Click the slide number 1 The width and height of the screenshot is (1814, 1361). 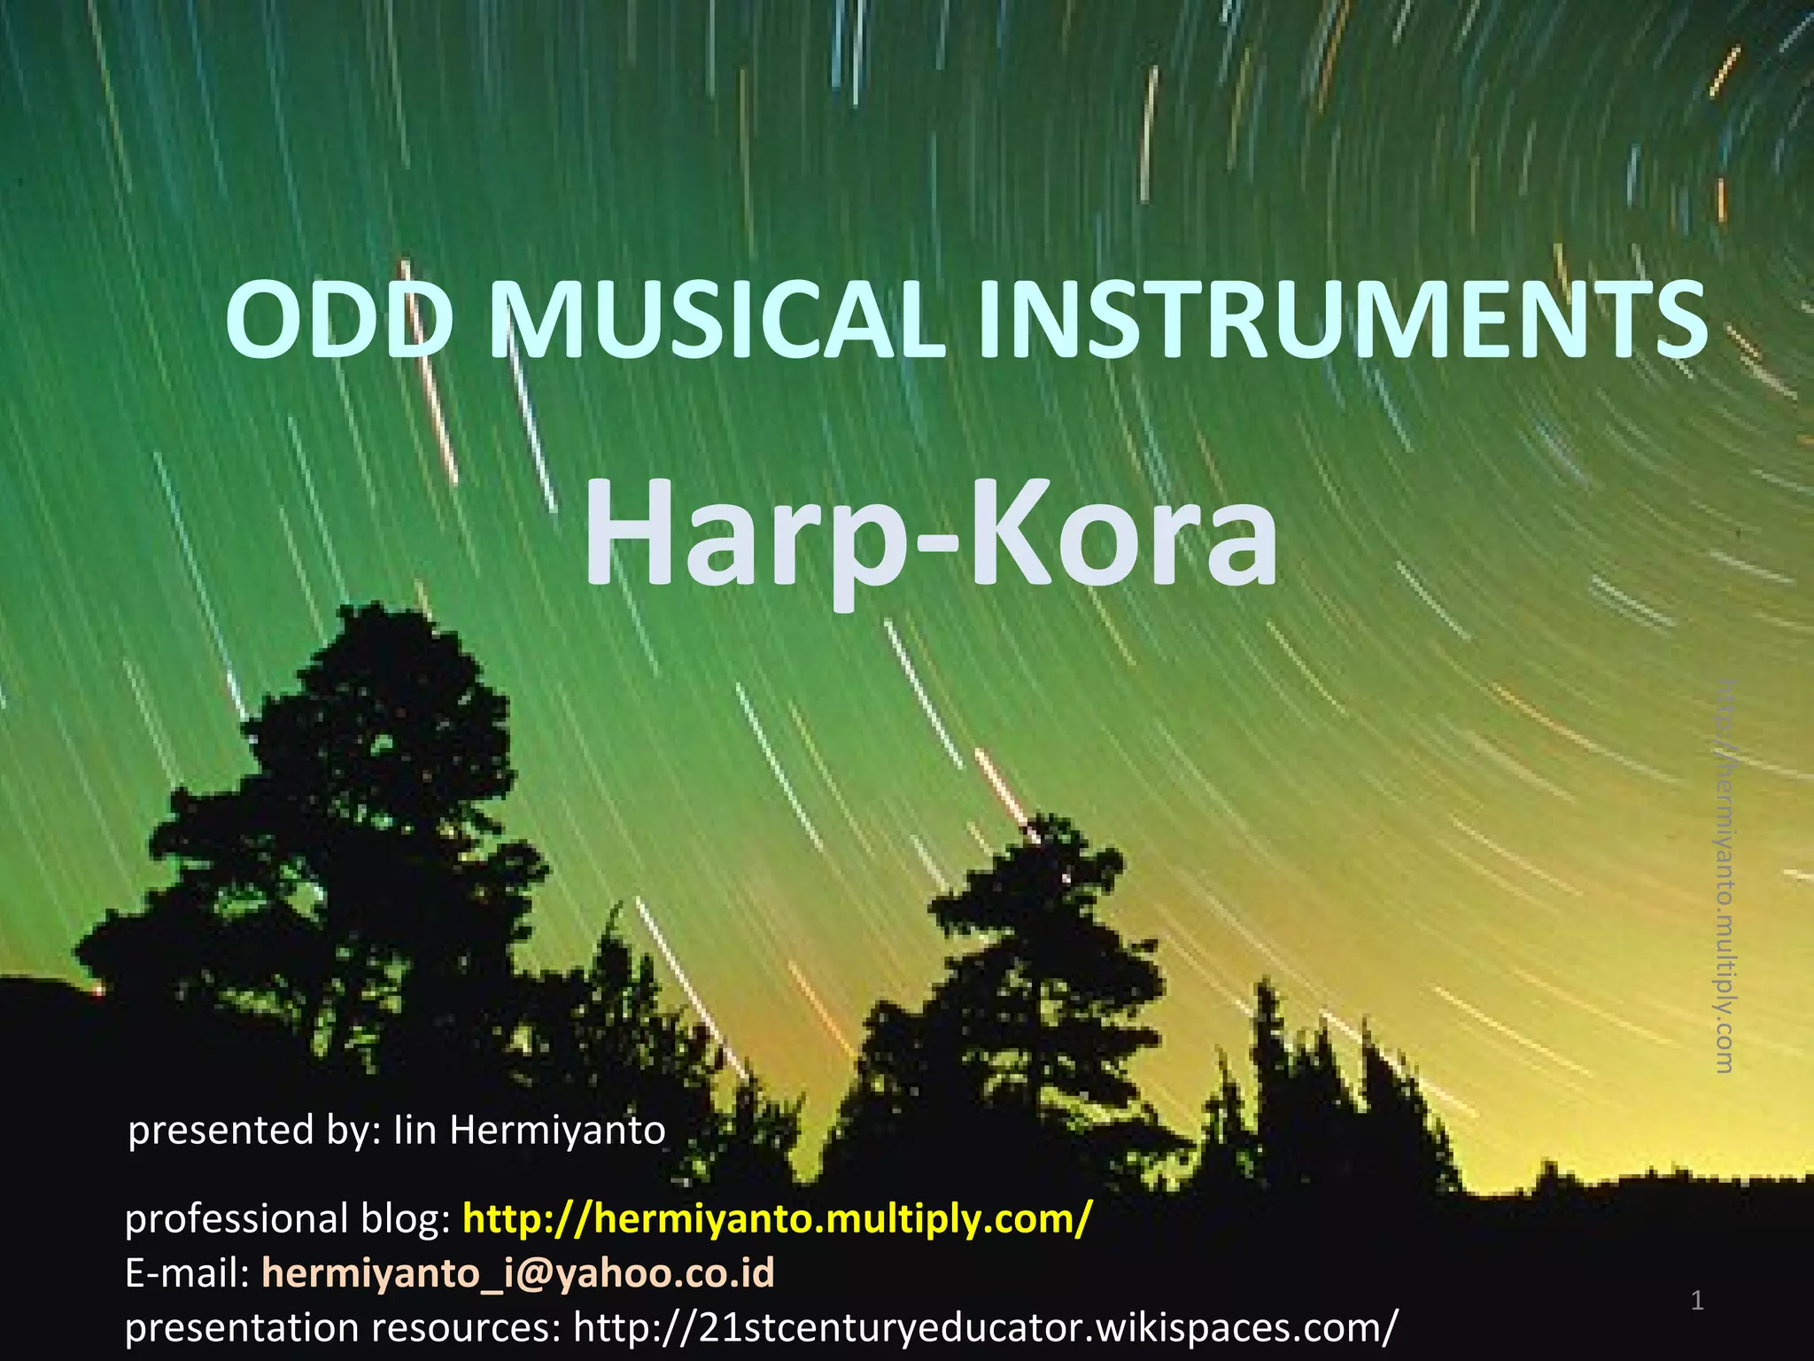coord(1697,1301)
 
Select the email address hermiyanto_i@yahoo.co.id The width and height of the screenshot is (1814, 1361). coord(518,1272)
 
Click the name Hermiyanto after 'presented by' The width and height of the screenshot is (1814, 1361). coord(557,1130)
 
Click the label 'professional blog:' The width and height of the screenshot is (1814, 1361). coord(289,1219)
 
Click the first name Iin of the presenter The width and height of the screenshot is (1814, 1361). coord(415,1130)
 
